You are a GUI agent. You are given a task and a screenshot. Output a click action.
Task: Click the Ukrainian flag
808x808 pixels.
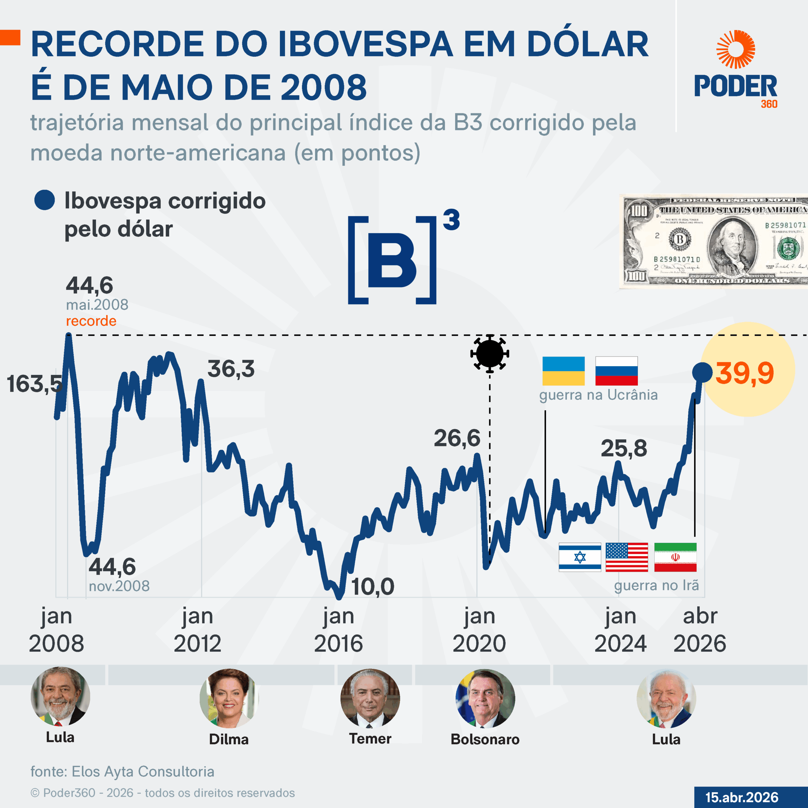pyautogui.click(x=563, y=371)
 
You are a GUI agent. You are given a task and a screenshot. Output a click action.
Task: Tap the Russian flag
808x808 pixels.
pyautogui.click(x=616, y=371)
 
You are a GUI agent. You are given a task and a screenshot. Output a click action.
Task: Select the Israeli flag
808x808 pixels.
pyautogui.click(x=580, y=557)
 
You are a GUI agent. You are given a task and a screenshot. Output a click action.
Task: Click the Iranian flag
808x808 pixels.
pyautogui.click(x=675, y=557)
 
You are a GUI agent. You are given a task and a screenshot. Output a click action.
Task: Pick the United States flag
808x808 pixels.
pyautogui.click(x=627, y=557)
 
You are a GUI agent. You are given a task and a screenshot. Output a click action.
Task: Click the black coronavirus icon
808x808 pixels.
pyautogui.click(x=490, y=354)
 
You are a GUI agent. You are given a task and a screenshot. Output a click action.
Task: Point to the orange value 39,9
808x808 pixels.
pyautogui.click(x=745, y=373)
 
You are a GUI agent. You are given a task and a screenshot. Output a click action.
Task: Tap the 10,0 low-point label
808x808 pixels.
pyautogui.click(x=373, y=586)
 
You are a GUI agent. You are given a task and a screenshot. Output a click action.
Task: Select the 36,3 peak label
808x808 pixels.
pyautogui.click(x=231, y=369)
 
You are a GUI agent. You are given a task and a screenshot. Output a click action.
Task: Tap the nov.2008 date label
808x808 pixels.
pyautogui.click(x=119, y=586)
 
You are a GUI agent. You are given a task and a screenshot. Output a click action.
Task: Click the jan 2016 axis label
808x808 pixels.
pyautogui.click(x=338, y=629)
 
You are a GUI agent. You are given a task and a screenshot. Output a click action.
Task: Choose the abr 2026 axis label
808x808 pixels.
pyautogui.click(x=700, y=629)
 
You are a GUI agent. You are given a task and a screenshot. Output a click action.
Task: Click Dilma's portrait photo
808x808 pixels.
pyautogui.click(x=229, y=698)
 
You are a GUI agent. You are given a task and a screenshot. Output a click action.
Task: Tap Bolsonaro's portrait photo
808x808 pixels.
pyautogui.click(x=485, y=698)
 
